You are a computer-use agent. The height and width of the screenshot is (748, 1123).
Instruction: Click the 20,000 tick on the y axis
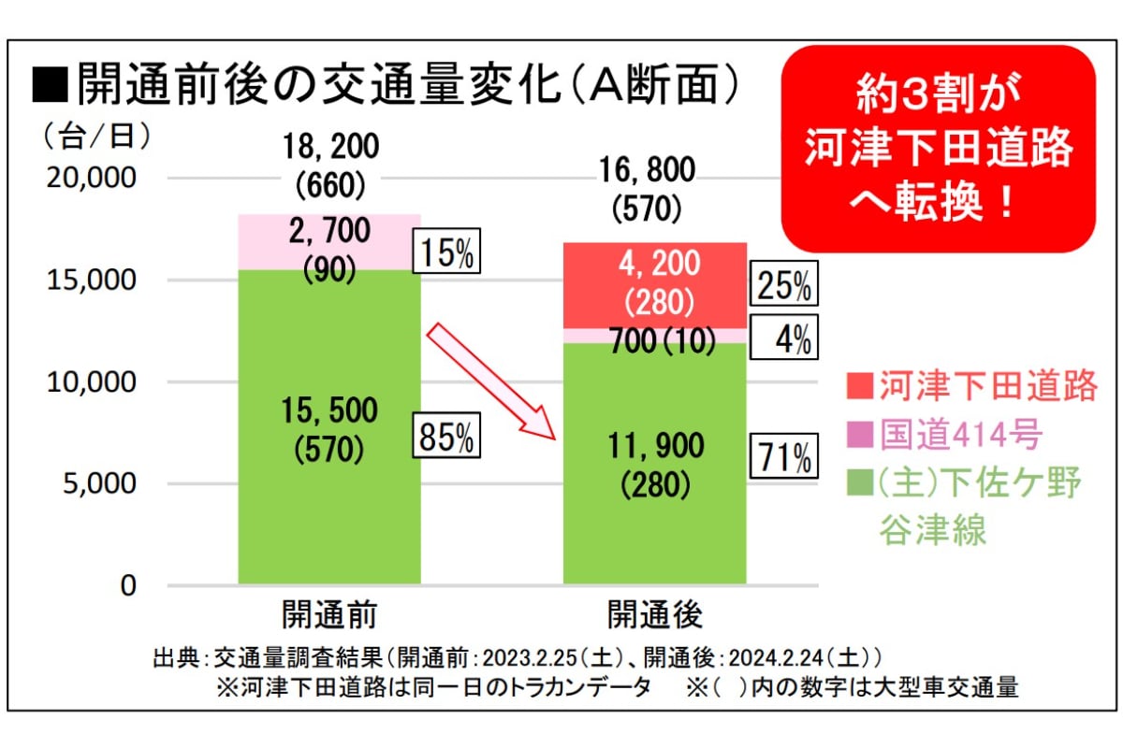[91, 177]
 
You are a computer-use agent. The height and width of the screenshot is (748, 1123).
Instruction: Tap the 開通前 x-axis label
[329, 615]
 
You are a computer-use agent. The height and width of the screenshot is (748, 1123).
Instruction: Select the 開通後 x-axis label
[654, 615]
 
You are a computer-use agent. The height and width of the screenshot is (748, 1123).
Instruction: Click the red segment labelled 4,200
[654, 284]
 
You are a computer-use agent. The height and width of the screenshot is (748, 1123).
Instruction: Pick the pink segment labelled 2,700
[329, 241]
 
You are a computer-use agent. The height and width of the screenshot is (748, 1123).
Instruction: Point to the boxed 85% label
[446, 437]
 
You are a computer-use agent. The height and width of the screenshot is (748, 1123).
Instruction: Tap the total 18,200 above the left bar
[329, 147]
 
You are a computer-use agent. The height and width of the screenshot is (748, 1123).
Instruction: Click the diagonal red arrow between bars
[492, 382]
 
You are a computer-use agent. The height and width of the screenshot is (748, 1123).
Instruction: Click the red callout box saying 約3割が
[938, 148]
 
